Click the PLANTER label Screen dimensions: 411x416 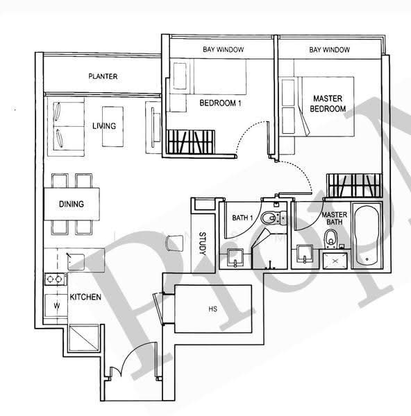[x=103, y=76]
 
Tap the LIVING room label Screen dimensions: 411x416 [x=104, y=125]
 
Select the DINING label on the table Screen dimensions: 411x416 [x=72, y=204]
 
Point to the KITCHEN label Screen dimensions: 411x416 [x=85, y=297]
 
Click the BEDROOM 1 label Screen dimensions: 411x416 [x=221, y=103]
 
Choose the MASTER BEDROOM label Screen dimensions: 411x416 [x=328, y=103]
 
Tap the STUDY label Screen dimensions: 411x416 [x=203, y=243]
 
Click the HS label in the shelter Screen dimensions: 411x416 [x=213, y=309]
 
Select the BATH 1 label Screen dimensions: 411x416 [x=242, y=218]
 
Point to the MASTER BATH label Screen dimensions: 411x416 [x=335, y=218]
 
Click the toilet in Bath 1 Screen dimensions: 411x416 [x=274, y=218]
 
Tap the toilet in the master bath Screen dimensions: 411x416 [x=331, y=239]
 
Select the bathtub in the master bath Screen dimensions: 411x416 [x=367, y=235]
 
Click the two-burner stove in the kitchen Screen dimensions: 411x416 [x=55, y=279]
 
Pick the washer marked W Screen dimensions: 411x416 [x=56, y=305]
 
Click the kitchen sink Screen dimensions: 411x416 [x=76, y=262]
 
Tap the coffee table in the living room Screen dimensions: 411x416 [x=113, y=127]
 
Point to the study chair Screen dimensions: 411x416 [x=174, y=243]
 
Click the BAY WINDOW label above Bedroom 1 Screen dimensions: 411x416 [x=223, y=50]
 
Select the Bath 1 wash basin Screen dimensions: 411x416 [x=235, y=257]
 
